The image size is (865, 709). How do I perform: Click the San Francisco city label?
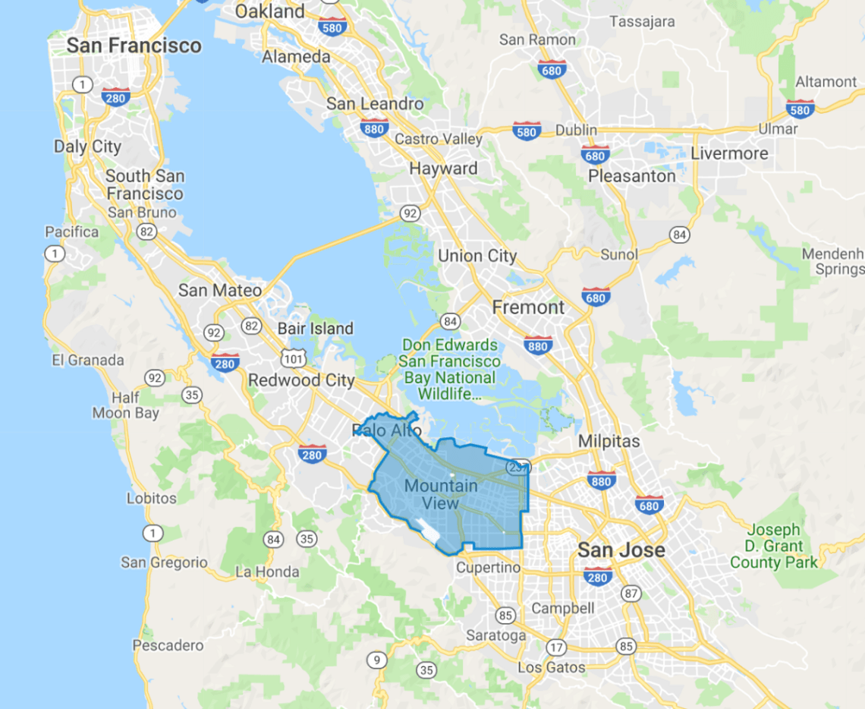[134, 46]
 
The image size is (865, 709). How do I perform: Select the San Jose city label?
[621, 550]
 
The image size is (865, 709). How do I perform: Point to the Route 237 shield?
[517, 468]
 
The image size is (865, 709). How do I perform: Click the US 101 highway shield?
[292, 357]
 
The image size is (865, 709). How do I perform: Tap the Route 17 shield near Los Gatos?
[556, 648]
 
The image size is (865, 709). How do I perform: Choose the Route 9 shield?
[376, 659]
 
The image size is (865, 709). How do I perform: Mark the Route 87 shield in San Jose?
[630, 593]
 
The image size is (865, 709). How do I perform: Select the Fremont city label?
[529, 307]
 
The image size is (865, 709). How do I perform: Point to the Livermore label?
[729, 153]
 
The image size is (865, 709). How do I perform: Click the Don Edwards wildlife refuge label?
[451, 369]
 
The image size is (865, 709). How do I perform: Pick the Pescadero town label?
[168, 645]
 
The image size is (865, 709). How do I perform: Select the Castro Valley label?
[439, 139]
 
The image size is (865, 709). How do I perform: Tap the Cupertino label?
[489, 568]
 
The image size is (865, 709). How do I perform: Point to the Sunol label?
[619, 254]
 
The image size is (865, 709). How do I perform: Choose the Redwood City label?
[301, 380]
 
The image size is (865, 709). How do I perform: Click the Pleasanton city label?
[633, 176]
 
